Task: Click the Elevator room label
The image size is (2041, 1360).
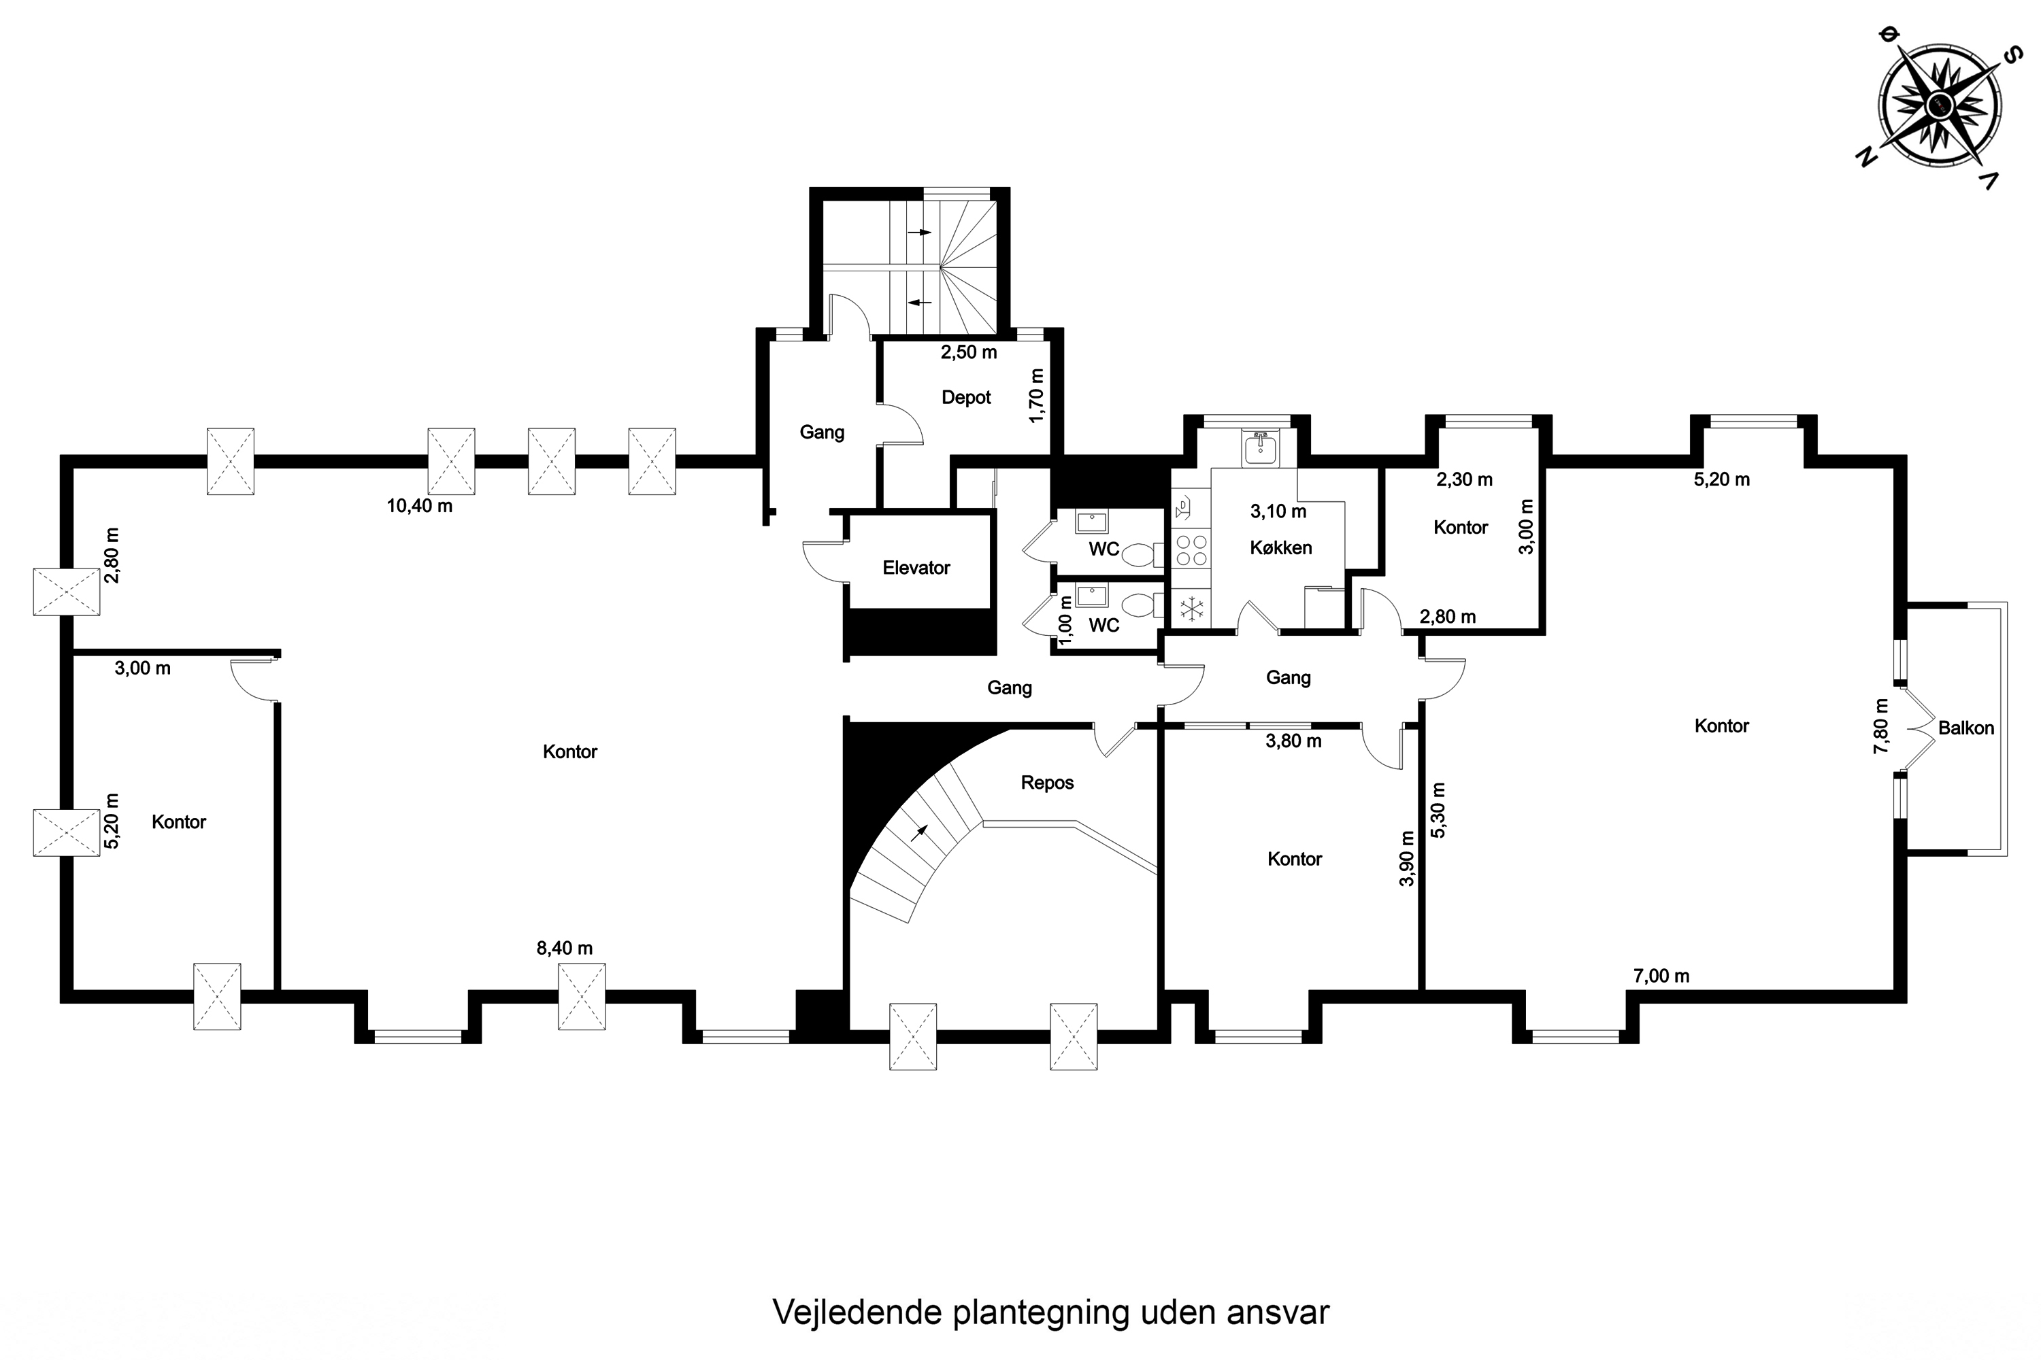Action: pyautogui.click(x=916, y=568)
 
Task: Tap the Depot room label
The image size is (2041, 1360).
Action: pyautogui.click(x=966, y=397)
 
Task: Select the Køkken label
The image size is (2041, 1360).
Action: pyautogui.click(x=1281, y=547)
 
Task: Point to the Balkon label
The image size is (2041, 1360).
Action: pyautogui.click(x=1965, y=728)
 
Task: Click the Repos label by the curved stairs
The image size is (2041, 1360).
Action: pyautogui.click(x=1048, y=783)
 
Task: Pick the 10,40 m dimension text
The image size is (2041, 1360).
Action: pyautogui.click(x=419, y=506)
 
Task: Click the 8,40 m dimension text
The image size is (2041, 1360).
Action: pyautogui.click(x=564, y=948)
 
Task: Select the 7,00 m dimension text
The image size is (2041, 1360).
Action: pyautogui.click(x=1661, y=976)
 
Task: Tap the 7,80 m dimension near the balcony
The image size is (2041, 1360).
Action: pyautogui.click(x=1880, y=726)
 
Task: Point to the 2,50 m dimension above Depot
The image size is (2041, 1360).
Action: pyautogui.click(x=968, y=352)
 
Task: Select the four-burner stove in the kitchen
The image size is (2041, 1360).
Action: pyautogui.click(x=1191, y=550)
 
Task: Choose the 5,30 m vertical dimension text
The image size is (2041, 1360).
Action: pyautogui.click(x=1438, y=810)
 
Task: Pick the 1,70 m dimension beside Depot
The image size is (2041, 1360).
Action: pyautogui.click(x=1036, y=396)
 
